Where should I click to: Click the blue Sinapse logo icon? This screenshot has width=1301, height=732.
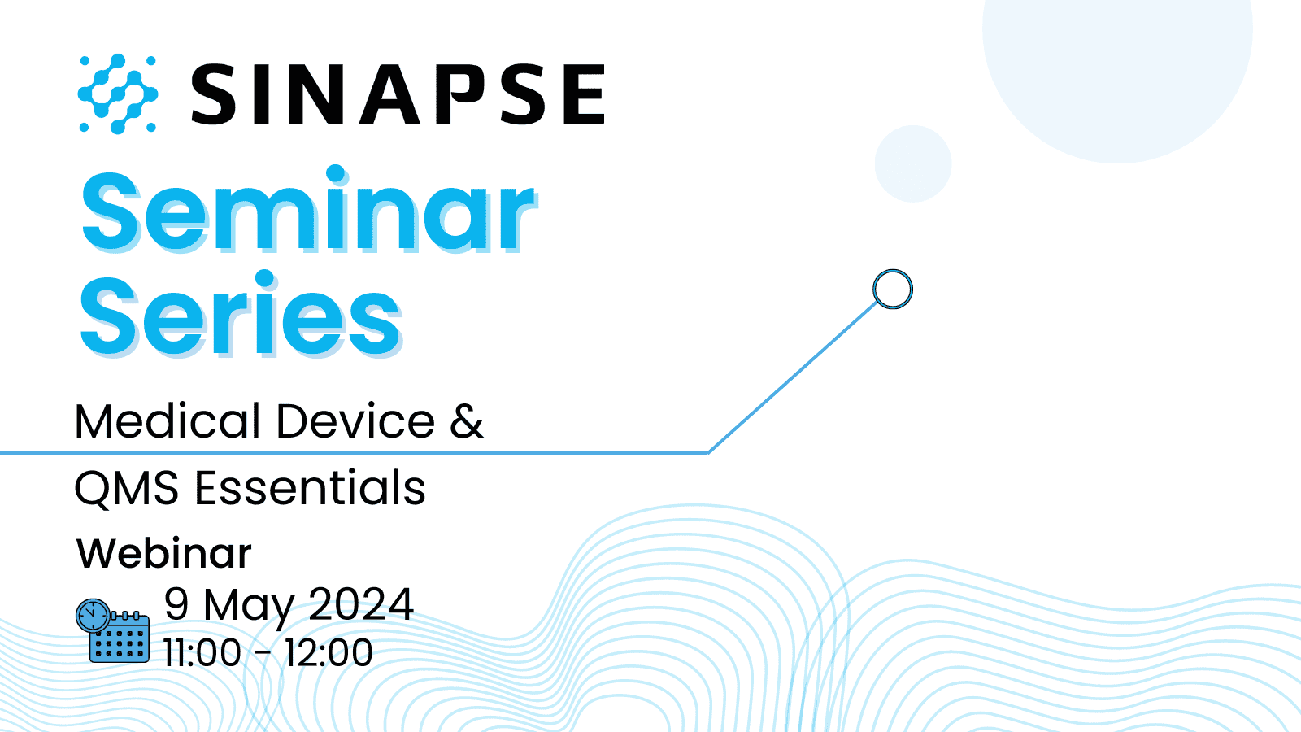coord(118,94)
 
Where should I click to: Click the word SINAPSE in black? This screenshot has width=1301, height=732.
coord(398,94)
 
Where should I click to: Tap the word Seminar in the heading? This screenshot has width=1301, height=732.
coord(308,211)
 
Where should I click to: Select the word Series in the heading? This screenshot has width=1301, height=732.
coord(241,316)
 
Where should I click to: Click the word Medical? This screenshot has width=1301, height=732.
coord(168,421)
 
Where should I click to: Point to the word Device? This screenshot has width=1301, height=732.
coord(356,421)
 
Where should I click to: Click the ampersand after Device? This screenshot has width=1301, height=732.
coord(467,421)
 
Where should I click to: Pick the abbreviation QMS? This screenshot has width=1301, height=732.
coord(126,489)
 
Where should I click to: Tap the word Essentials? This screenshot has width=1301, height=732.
coord(310,488)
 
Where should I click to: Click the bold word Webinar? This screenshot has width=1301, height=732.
coord(164,554)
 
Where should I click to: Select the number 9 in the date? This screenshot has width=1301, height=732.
coord(176,604)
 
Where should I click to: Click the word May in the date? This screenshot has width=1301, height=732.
coord(249,607)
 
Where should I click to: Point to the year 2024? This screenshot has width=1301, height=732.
coord(361,604)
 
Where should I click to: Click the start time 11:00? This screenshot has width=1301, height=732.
coord(202,653)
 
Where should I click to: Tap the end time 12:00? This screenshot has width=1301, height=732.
coord(329,653)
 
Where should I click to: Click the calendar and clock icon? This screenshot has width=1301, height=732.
coord(113,631)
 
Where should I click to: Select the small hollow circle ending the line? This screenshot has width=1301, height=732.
coord(893,289)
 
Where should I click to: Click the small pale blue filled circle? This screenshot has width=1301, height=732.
coord(913,163)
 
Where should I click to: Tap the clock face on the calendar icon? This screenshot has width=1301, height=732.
coord(93,616)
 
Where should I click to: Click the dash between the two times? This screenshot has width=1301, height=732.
coord(263,653)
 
